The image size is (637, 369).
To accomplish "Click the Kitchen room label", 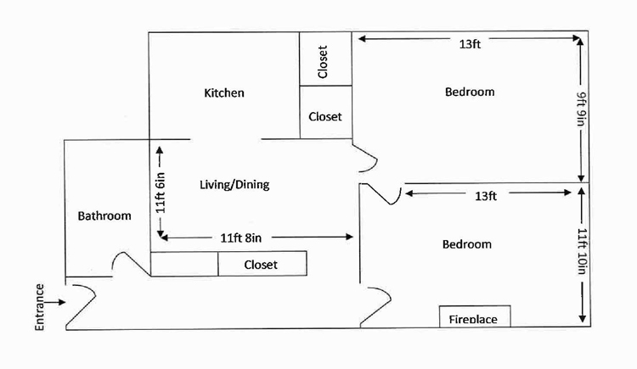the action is point(224,92).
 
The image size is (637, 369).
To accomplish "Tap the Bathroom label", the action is point(104,215).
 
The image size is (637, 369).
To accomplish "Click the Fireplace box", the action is point(472,318).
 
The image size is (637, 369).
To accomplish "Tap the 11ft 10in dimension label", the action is point(582,251).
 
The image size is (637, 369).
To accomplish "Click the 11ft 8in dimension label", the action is point(246,238).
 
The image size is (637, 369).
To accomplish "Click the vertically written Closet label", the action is point(323,61).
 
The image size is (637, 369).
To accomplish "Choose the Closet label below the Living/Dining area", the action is point(261,265).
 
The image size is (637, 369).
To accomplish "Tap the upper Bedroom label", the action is point(469,92).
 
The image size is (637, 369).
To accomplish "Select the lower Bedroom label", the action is point(466,244).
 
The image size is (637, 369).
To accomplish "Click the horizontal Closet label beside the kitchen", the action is point(324,116).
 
